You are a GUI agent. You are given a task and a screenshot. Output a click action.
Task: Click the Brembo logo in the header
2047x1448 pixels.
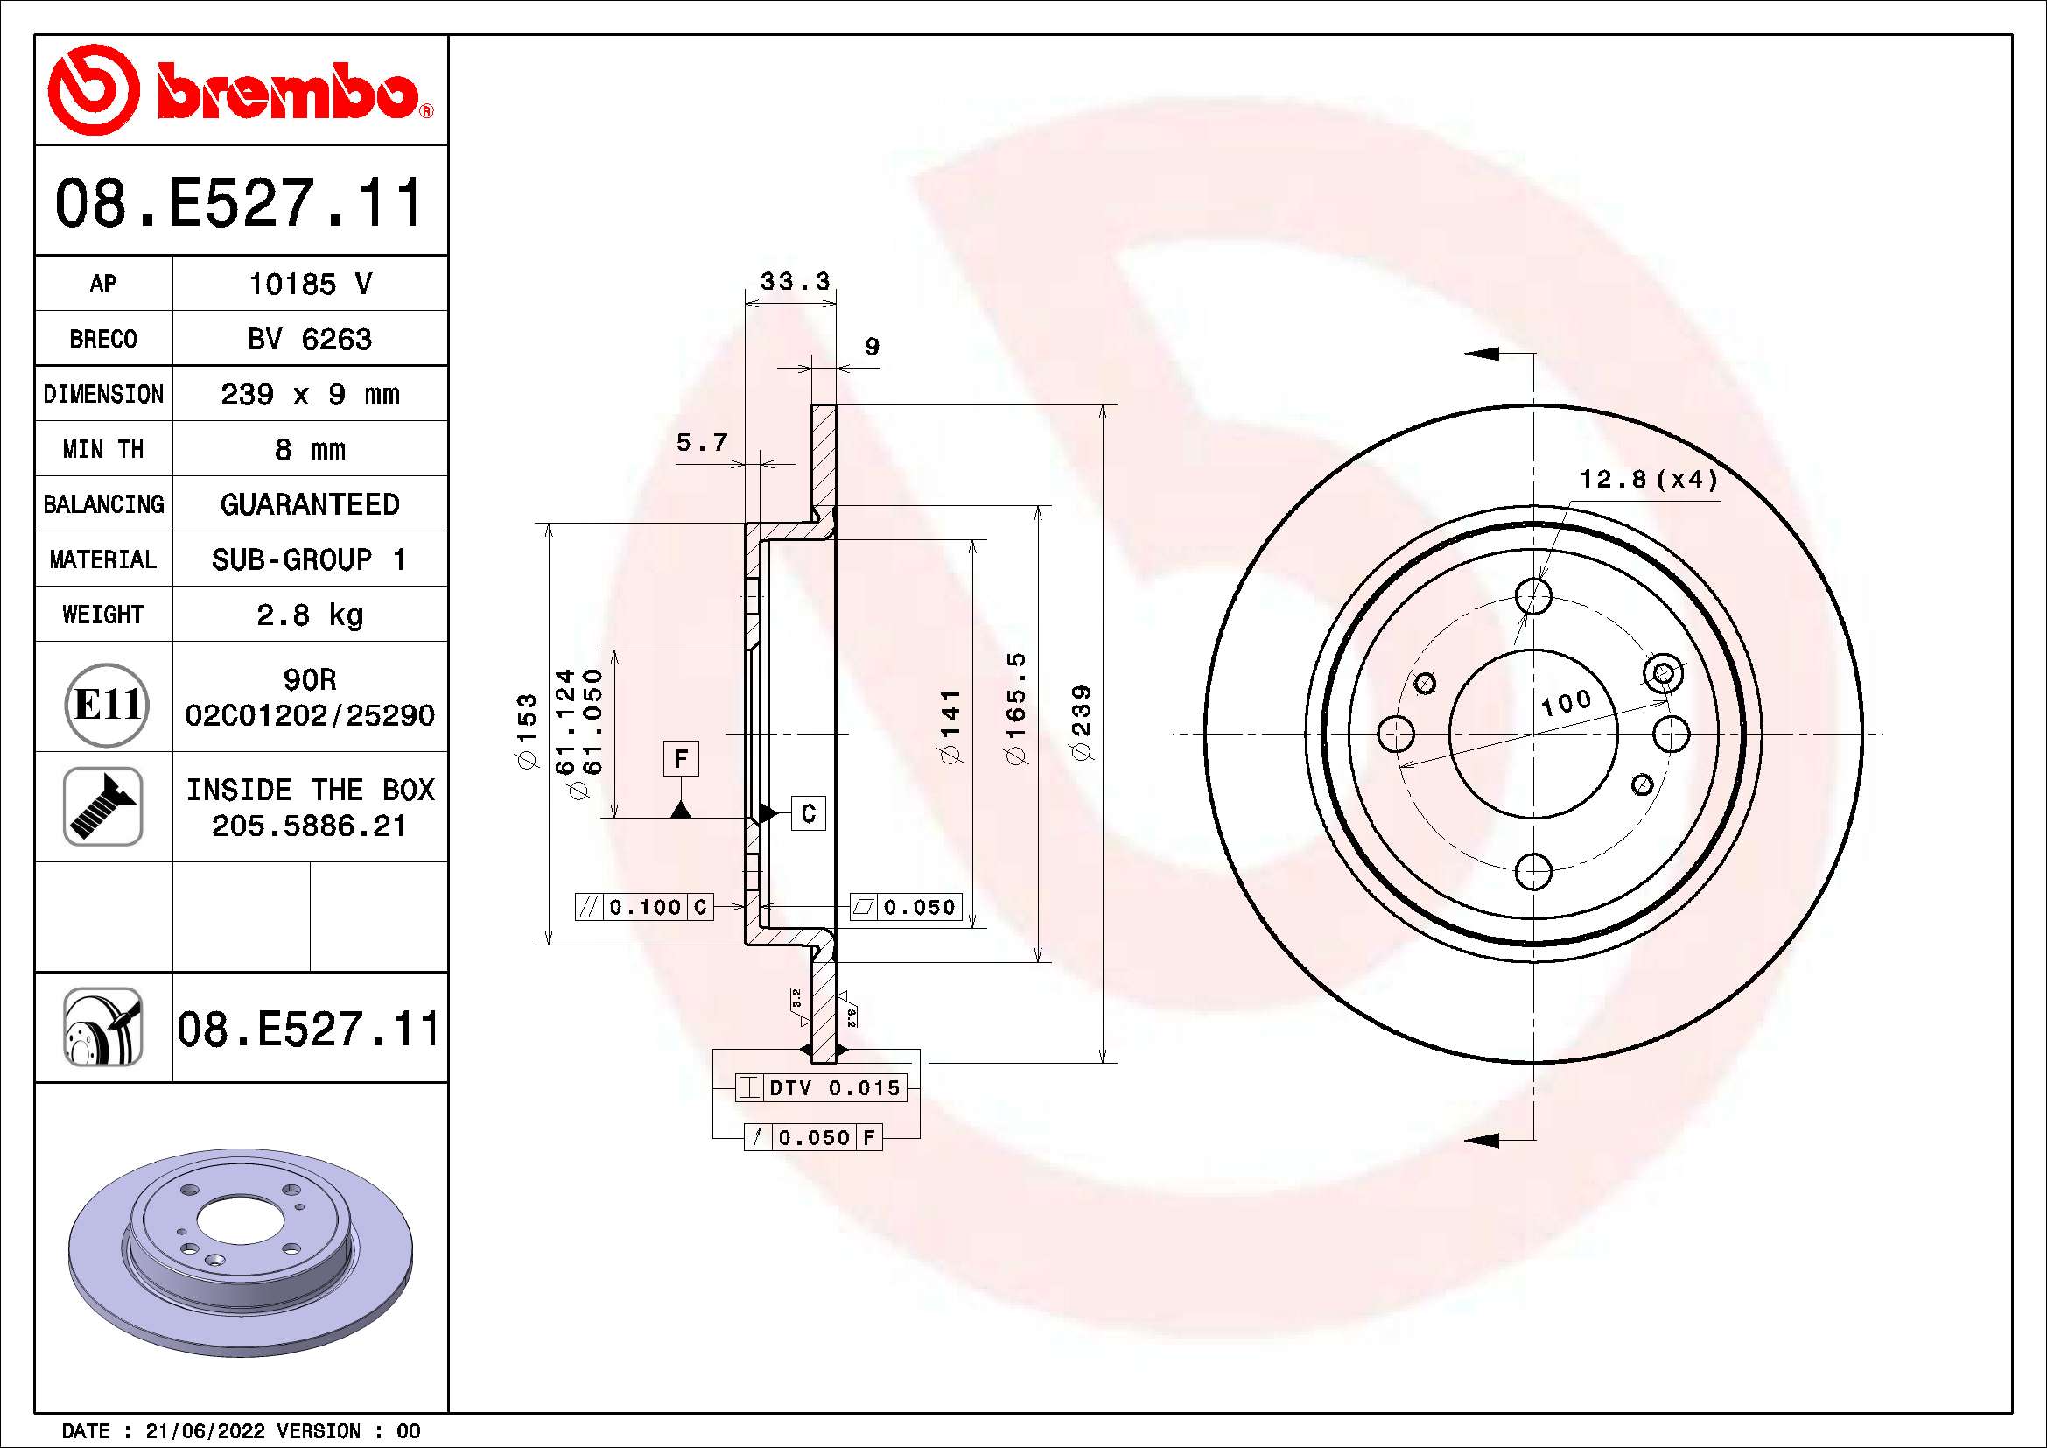click(239, 90)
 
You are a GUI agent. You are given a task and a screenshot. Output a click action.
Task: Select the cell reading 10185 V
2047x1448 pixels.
click(309, 285)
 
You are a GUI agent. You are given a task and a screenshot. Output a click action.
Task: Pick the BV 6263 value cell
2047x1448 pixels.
click(309, 340)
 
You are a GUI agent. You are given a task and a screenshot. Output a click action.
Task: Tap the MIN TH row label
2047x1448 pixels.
click(103, 449)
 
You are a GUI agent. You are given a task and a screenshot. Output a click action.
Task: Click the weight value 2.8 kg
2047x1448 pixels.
click(309, 615)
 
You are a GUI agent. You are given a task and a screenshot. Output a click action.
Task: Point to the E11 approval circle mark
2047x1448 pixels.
click(106, 706)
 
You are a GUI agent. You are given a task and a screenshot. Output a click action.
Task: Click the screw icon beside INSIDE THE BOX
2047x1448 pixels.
click(103, 806)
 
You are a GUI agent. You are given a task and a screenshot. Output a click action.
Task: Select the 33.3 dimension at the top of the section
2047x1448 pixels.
click(795, 282)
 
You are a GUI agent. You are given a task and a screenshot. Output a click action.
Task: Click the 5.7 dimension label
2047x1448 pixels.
click(702, 442)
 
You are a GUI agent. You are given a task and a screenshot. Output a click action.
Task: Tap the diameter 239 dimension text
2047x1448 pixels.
click(1082, 722)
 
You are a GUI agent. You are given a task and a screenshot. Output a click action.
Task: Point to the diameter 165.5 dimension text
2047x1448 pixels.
click(1016, 707)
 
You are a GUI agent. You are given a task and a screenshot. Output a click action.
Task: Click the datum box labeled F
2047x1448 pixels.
click(681, 759)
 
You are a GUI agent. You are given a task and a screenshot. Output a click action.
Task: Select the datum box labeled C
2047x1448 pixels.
click(809, 813)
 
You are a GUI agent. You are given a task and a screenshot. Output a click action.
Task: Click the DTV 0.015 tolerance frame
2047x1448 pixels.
click(820, 1088)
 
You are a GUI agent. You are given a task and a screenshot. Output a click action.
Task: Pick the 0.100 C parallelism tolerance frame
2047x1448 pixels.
click(645, 907)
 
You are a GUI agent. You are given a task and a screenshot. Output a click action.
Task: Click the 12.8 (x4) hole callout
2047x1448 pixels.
click(1648, 480)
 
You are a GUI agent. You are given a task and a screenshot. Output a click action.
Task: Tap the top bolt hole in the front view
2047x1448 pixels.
click(1533, 595)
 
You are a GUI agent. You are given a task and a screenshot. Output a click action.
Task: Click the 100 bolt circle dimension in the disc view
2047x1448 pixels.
click(1566, 703)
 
